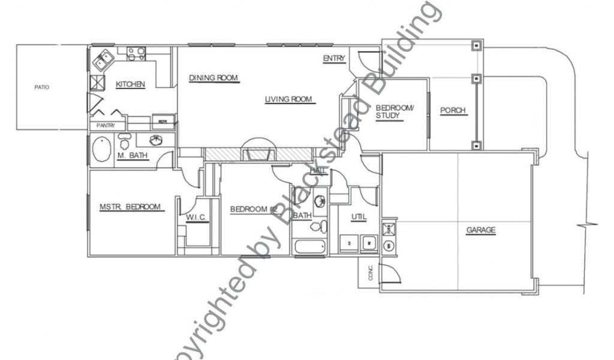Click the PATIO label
pos(41,88)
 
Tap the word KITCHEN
pos(130,85)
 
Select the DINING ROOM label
pos(214,78)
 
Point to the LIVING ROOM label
pos(289,100)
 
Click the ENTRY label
pos(334,58)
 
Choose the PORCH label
pos(453,111)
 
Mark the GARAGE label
pos(481,230)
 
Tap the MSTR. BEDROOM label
pos(130,208)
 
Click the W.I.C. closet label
pos(197,217)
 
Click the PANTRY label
pos(107,126)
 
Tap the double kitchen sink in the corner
pos(103,59)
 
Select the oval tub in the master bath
pos(101,149)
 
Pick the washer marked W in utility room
pos(369,244)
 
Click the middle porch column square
pos(475,78)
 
